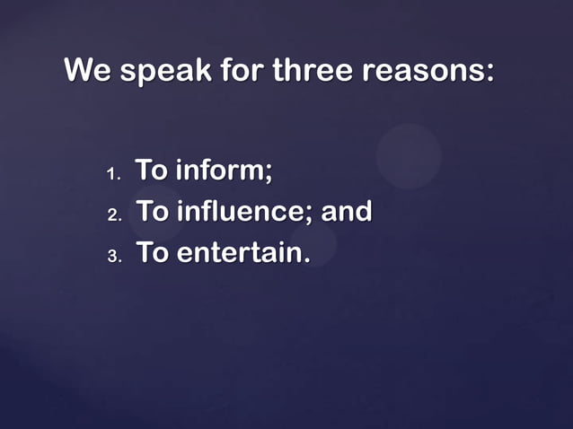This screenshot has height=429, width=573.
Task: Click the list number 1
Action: pos(112,172)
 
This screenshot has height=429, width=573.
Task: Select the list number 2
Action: pos(113,215)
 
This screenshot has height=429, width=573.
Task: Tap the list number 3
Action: pos(113,257)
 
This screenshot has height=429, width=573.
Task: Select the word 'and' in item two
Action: pos(347,212)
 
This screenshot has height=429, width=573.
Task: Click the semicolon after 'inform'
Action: pos(268,172)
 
